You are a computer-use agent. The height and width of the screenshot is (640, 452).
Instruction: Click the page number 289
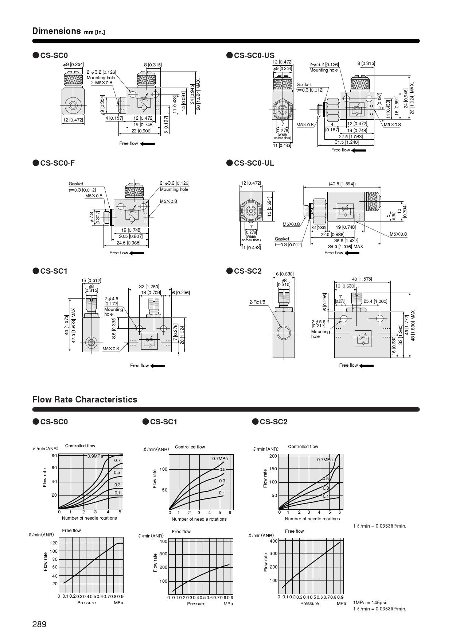[39, 624]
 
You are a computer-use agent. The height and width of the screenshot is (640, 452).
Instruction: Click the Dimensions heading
[56, 31]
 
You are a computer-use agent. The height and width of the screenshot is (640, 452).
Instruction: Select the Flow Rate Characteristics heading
[85, 400]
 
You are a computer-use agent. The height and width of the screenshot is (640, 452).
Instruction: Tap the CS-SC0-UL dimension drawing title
[254, 163]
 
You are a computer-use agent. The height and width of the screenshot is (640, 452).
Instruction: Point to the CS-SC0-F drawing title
[57, 163]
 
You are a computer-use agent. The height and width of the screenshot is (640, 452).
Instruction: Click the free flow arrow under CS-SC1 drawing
[158, 366]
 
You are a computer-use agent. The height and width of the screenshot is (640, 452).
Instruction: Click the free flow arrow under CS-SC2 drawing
[367, 365]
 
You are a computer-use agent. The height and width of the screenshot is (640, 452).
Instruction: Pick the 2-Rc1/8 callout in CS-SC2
[257, 302]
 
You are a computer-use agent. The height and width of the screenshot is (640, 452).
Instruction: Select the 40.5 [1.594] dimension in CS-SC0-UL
[342, 184]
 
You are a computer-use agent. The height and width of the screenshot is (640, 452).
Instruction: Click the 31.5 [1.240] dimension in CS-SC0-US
[347, 142]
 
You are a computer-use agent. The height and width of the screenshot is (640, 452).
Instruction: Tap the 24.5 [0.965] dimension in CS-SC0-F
[128, 243]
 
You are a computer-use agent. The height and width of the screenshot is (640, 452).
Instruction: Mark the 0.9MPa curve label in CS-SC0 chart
[95, 456]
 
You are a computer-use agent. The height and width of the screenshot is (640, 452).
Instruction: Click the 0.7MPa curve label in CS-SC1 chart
[220, 458]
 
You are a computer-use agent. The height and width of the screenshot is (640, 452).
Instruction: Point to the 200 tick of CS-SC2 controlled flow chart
[273, 456]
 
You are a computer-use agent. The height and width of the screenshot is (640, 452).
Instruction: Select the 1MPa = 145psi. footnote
[370, 602]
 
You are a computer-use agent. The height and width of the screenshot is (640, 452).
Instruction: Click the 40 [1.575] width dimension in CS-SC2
[362, 279]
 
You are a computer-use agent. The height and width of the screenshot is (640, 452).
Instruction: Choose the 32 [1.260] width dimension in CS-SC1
[149, 286]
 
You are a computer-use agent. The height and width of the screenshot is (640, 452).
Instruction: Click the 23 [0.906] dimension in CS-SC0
[141, 131]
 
